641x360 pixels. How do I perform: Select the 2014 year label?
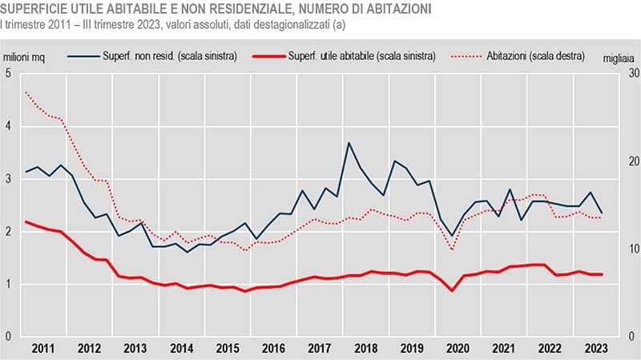(182, 349)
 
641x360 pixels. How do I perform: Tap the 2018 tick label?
(366, 349)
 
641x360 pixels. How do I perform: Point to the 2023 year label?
(595, 349)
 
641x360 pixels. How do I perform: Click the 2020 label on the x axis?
(457, 349)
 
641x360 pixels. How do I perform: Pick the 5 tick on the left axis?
(8, 74)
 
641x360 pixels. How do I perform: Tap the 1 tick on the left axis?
(8, 285)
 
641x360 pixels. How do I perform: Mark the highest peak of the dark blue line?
(349, 143)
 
